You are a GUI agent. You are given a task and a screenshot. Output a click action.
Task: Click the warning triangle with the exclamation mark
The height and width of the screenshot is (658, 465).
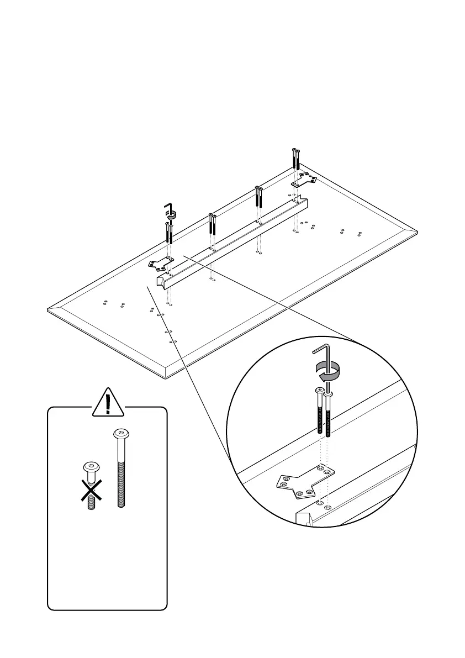pos(108,404)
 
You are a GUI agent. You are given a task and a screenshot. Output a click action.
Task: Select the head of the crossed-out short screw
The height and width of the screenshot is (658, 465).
pos(92,467)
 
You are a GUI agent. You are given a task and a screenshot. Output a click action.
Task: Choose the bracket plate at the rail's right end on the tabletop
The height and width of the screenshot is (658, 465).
pos(303,178)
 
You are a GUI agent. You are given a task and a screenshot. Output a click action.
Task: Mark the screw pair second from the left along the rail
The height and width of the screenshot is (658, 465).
pos(212,225)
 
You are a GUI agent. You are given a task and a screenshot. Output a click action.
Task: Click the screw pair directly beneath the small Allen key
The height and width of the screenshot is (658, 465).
pos(168,234)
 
